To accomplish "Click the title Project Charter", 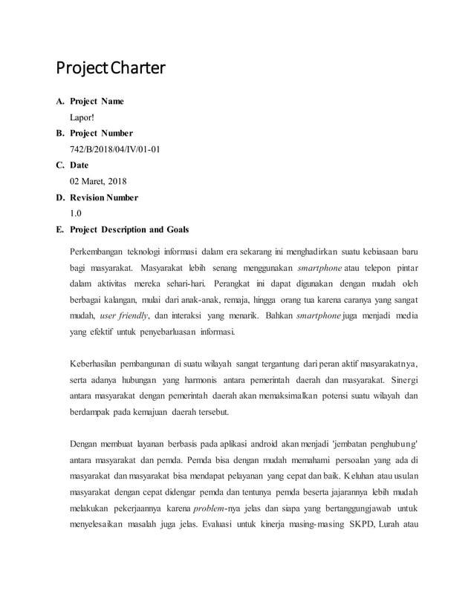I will pyautogui.click(x=111, y=70).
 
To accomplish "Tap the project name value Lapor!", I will pyautogui.click(x=82, y=117).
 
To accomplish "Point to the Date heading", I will pyautogui.click(x=79, y=165).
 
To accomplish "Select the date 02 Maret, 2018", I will pyautogui.click(x=100, y=182).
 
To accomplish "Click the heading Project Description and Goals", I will pyautogui.click(x=129, y=230).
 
